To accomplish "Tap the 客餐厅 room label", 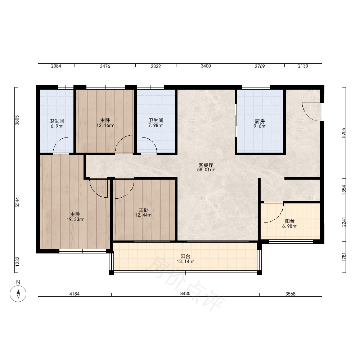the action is click(x=206, y=165).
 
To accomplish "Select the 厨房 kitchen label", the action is click(x=260, y=121).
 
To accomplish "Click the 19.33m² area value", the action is click(x=75, y=219).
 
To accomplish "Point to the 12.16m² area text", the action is click(x=105, y=125).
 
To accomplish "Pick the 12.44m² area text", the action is click(x=144, y=215).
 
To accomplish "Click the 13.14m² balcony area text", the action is click(x=185, y=261).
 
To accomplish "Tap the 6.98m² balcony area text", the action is click(x=289, y=226).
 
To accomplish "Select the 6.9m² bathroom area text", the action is click(x=57, y=126).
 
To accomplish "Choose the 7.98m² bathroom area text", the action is click(x=156, y=125).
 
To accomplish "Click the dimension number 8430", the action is click(x=185, y=294).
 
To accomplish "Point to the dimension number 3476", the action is click(x=105, y=66).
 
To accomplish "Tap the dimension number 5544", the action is click(x=17, y=202).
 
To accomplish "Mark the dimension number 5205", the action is click(x=344, y=133).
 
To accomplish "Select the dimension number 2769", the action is click(x=260, y=66).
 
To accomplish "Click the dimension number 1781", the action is click(x=344, y=257).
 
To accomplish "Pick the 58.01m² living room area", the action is click(x=206, y=170).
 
